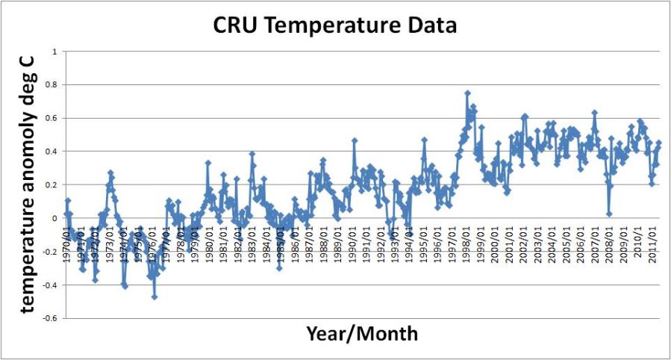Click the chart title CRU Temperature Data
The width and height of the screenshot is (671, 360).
[x=334, y=26]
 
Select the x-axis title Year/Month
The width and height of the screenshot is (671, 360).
[x=361, y=334]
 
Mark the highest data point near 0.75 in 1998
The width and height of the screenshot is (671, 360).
[x=467, y=93]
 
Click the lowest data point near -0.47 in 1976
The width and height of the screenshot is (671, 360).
[x=155, y=297]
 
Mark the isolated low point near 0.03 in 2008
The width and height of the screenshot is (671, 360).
[x=609, y=214]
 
